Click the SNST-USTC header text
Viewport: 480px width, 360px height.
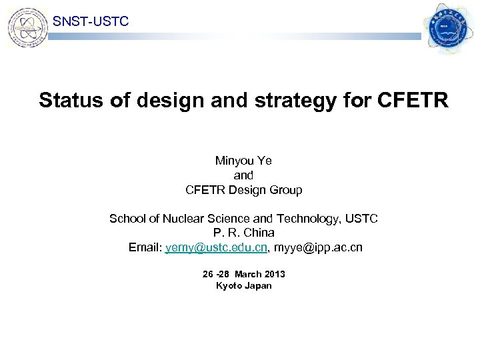[x=91, y=22]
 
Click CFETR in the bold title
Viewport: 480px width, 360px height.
[x=413, y=101]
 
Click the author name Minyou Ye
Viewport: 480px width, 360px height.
[x=243, y=161]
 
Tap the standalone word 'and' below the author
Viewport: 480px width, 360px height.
[x=243, y=175]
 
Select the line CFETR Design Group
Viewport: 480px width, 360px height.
[x=243, y=190]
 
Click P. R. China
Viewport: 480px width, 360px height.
[x=243, y=233]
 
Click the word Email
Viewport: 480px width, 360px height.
[x=144, y=248]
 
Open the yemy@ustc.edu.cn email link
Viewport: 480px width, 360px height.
[x=217, y=248]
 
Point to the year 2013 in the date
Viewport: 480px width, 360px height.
[x=274, y=274]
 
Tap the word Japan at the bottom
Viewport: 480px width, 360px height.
[x=259, y=286]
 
